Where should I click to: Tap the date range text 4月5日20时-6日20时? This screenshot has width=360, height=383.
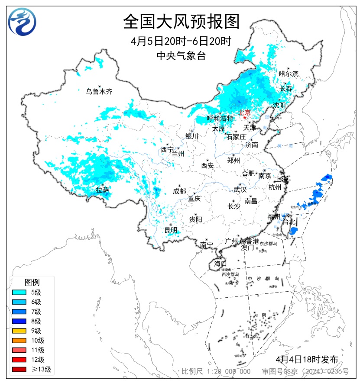[181, 42]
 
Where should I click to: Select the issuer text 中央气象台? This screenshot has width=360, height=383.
[181, 55]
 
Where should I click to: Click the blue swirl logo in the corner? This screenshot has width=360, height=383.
[22, 22]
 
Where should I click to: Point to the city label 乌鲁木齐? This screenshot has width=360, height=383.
[99, 91]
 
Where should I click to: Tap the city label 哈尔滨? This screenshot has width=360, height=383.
[289, 74]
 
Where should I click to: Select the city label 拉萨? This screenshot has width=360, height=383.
[102, 190]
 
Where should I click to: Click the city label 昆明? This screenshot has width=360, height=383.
[170, 230]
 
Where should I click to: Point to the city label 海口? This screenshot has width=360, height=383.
[220, 264]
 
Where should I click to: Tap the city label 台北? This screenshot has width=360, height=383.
[289, 222]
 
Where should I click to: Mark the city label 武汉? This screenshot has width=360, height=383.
[240, 190]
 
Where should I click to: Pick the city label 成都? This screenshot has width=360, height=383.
[179, 191]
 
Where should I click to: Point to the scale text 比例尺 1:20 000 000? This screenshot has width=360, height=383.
[215, 371]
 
